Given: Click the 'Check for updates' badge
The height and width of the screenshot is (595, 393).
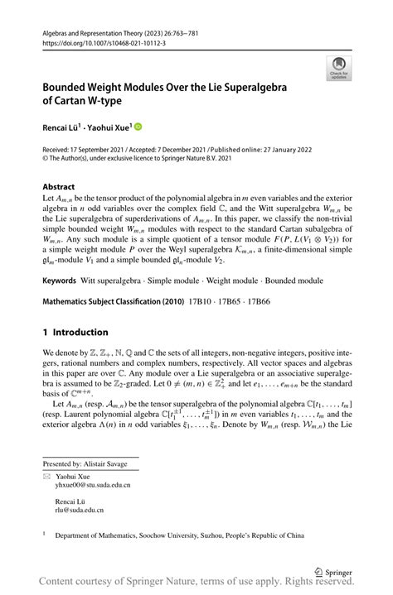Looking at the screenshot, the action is coord(339,69).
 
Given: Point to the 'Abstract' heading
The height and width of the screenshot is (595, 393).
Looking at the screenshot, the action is coord(59,187).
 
